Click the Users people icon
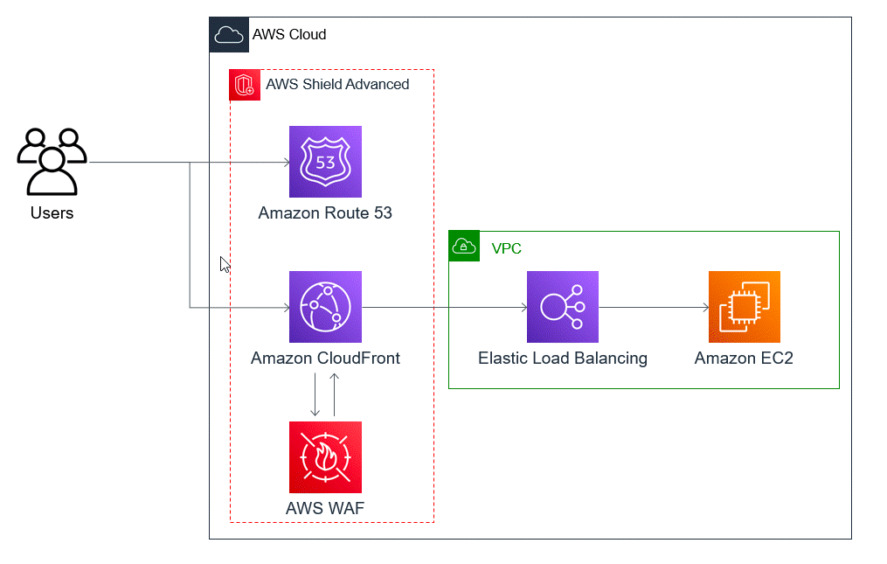[x=52, y=161]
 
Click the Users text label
[x=52, y=212]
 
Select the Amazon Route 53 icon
[x=325, y=162]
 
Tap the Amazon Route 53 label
[x=325, y=212]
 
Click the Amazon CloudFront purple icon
[x=325, y=307]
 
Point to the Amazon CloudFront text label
[x=325, y=358]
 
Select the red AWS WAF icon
[x=325, y=457]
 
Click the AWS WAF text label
[x=325, y=508]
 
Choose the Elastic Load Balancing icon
[x=562, y=307]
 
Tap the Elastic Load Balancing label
[x=562, y=358]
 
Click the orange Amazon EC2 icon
[x=744, y=307]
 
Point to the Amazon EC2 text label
[x=744, y=358]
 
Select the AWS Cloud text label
[x=289, y=35]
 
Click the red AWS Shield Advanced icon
[x=245, y=85]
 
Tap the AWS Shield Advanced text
[x=337, y=85]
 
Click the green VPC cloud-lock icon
[x=464, y=247]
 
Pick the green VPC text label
[x=507, y=248]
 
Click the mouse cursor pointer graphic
[x=225, y=264]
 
